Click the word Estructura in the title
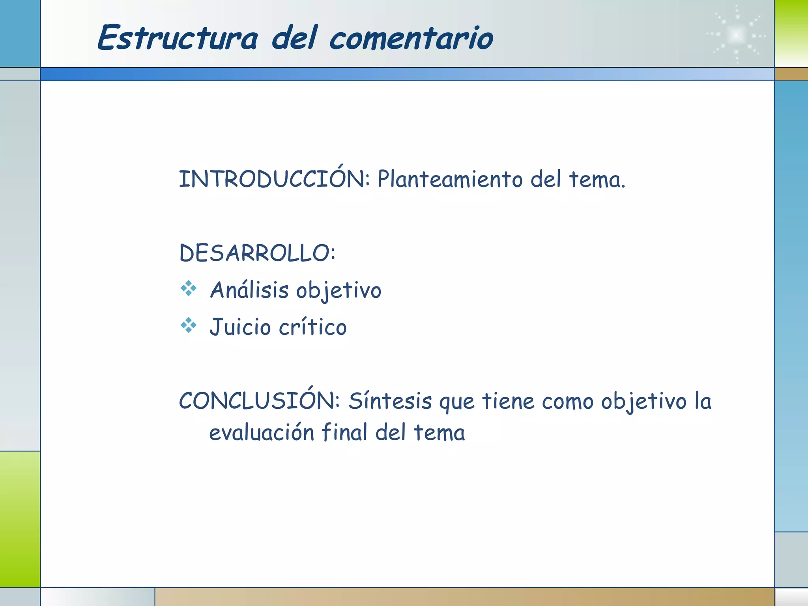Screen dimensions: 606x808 178,38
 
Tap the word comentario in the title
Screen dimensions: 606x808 411,39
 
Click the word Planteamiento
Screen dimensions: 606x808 450,179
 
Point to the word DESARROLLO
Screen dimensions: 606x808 256,253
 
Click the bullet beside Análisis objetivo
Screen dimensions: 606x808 189,288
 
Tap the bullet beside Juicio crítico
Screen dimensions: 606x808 189,325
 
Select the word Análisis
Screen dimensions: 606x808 249,290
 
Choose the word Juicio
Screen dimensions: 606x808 240,327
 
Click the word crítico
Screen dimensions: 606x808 312,327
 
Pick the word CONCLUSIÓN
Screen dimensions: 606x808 259,400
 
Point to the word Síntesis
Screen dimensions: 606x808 390,401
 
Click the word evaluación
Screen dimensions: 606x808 261,432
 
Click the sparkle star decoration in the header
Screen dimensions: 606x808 736,35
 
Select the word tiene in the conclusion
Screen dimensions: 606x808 508,401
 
